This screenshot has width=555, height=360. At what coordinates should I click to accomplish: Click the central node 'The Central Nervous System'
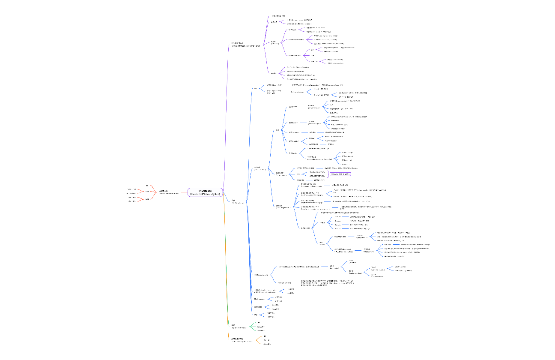click(205, 193)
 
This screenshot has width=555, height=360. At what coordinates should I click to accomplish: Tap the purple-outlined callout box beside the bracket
click(341, 174)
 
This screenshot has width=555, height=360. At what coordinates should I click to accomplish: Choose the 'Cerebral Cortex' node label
click(260, 168)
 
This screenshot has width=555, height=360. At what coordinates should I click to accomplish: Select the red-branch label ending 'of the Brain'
click(169, 193)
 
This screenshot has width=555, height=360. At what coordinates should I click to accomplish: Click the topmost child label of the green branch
click(259, 322)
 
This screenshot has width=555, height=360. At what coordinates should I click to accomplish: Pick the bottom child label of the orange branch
click(267, 344)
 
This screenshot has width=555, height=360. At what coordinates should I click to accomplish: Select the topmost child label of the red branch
click(147, 186)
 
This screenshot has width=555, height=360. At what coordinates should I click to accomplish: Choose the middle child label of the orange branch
click(266, 340)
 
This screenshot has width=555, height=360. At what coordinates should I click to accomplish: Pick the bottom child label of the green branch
click(261, 330)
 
